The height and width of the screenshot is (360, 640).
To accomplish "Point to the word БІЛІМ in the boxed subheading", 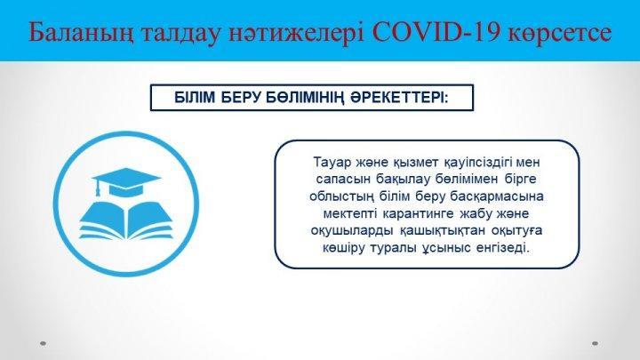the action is pyautogui.click(x=195, y=98).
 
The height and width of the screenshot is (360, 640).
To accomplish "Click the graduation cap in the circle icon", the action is pyautogui.click(x=126, y=182).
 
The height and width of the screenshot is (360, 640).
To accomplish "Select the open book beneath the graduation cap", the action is pyautogui.click(x=126, y=220).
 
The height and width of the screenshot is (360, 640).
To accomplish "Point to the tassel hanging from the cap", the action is pyautogui.click(x=98, y=188).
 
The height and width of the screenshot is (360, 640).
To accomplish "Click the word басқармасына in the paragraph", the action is pyautogui.click(x=497, y=196).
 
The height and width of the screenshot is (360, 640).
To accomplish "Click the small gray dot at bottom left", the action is pyautogui.click(x=44, y=343).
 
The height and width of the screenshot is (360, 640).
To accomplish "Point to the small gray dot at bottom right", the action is pyautogui.click(x=595, y=343).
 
